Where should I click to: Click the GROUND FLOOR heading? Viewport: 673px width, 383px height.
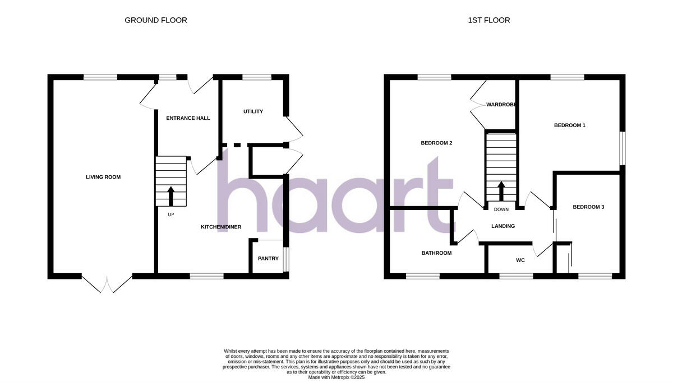click(x=156, y=20)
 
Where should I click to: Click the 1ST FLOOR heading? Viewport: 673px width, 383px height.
click(x=489, y=20)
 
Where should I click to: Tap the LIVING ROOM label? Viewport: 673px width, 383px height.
click(x=103, y=177)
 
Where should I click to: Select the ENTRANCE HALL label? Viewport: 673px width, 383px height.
click(x=188, y=118)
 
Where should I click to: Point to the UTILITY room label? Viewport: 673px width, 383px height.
click(x=253, y=111)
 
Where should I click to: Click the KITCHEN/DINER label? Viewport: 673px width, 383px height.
click(x=222, y=227)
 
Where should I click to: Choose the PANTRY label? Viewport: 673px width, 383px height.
click(x=268, y=259)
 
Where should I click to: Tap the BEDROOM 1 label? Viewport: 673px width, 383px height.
click(x=570, y=125)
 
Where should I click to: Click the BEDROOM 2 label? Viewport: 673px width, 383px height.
click(x=436, y=143)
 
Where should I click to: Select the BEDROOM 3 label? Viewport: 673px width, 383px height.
click(x=588, y=207)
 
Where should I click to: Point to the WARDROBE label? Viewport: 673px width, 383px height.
click(x=501, y=105)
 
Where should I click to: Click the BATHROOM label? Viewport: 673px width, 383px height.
click(x=436, y=253)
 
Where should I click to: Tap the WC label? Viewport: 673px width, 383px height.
click(x=520, y=260)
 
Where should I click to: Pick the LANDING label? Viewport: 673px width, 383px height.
click(x=503, y=226)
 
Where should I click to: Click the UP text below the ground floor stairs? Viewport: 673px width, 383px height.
click(x=170, y=214)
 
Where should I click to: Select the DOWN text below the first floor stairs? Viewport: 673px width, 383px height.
click(x=501, y=210)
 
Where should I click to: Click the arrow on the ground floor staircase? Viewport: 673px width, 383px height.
click(x=171, y=197)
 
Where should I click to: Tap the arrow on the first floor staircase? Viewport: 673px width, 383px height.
click(x=501, y=190)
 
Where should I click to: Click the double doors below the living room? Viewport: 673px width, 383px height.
click(x=107, y=283)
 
